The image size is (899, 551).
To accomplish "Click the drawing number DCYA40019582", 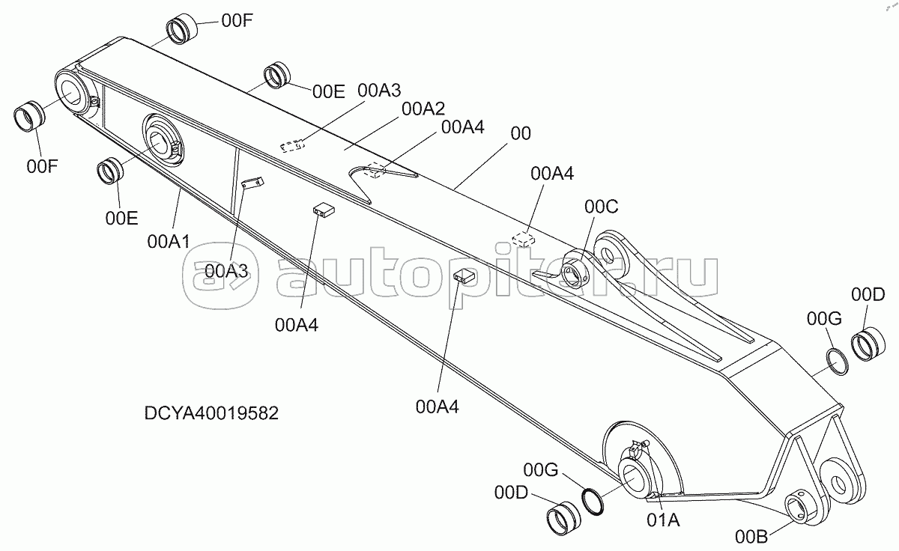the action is [x=211, y=413].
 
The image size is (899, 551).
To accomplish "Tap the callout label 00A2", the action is [x=423, y=109].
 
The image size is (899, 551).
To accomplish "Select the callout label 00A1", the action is [x=169, y=241].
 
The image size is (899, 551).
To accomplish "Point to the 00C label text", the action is [x=601, y=207].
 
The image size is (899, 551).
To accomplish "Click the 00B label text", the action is [x=751, y=537].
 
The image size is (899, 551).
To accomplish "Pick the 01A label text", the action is [x=663, y=520].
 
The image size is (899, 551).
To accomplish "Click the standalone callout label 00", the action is [x=521, y=133].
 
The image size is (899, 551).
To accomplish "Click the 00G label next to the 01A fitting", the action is [x=541, y=470].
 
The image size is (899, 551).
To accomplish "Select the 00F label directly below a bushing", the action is [x=42, y=166].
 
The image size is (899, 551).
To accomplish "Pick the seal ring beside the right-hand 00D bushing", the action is [x=838, y=362].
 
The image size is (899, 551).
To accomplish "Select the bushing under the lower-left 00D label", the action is [x=563, y=518].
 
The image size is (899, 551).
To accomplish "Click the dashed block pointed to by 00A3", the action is [x=291, y=146].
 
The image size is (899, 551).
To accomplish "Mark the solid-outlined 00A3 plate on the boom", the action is [x=252, y=183].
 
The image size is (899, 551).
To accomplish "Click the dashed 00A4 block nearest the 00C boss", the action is [x=524, y=239].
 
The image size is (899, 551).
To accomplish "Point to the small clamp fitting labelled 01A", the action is [x=638, y=448].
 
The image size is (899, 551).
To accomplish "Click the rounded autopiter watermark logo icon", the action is [x=220, y=277].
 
